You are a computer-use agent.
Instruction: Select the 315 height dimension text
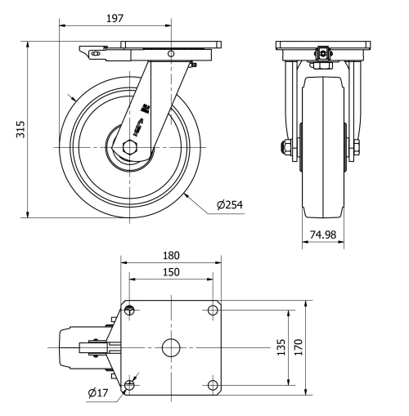tap(20, 130)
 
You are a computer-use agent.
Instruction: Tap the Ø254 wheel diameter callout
tap(230, 204)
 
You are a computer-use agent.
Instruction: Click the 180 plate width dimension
tap(170, 254)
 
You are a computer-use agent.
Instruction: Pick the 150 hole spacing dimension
tap(170, 271)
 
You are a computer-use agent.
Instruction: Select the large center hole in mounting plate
tap(170, 347)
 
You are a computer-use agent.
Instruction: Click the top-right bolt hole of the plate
tap(212, 310)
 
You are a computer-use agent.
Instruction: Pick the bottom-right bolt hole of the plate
tap(212, 384)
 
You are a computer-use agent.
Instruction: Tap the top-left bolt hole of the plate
tap(129, 310)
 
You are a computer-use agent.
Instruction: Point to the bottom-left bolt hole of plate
tap(129, 384)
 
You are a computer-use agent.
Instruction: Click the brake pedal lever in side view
tap(97, 54)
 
